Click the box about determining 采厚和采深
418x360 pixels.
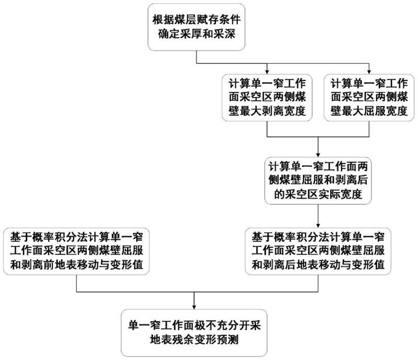(x=196, y=27)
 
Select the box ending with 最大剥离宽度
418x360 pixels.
(x=267, y=98)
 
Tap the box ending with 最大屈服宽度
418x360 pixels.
(x=369, y=98)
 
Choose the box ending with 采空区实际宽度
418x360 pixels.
(x=318, y=181)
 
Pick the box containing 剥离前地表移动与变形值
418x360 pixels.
(x=76, y=251)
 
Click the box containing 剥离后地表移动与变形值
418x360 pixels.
(x=318, y=251)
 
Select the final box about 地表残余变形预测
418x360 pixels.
(x=194, y=333)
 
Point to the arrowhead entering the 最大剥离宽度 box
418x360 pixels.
(x=267, y=72)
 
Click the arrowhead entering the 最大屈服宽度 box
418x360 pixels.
(x=369, y=72)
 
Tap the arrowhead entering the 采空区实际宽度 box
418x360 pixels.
(x=318, y=155)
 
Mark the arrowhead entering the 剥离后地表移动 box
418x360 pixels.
(x=318, y=226)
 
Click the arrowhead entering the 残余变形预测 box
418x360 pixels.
(x=194, y=307)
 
